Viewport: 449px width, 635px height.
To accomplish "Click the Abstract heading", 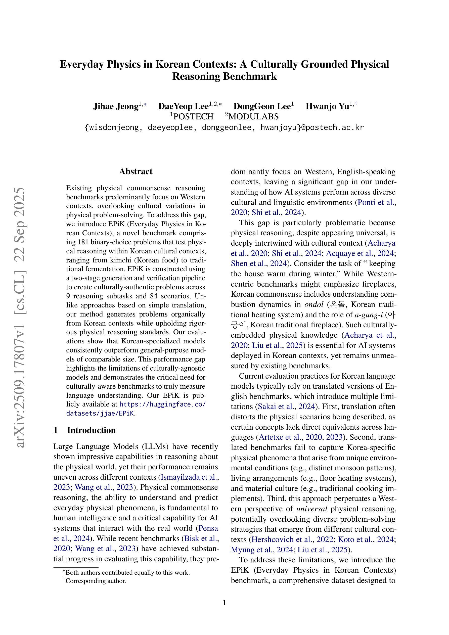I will point(136,171).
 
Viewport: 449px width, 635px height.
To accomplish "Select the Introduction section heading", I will point(91,430).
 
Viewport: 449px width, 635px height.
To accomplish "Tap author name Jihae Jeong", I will point(116,106).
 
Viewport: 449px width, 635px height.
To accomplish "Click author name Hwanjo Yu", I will point(327,106).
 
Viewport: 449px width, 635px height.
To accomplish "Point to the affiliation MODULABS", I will point(253,117).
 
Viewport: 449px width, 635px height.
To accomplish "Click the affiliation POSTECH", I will point(193,117).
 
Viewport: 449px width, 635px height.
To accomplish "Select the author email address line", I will point(224,127).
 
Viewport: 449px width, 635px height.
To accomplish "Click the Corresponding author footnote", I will point(96,581).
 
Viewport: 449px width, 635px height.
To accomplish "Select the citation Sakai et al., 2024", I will point(286,406).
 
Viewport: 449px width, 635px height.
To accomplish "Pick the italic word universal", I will point(312,509).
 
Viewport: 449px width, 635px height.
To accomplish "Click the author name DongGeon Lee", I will point(262,106).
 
